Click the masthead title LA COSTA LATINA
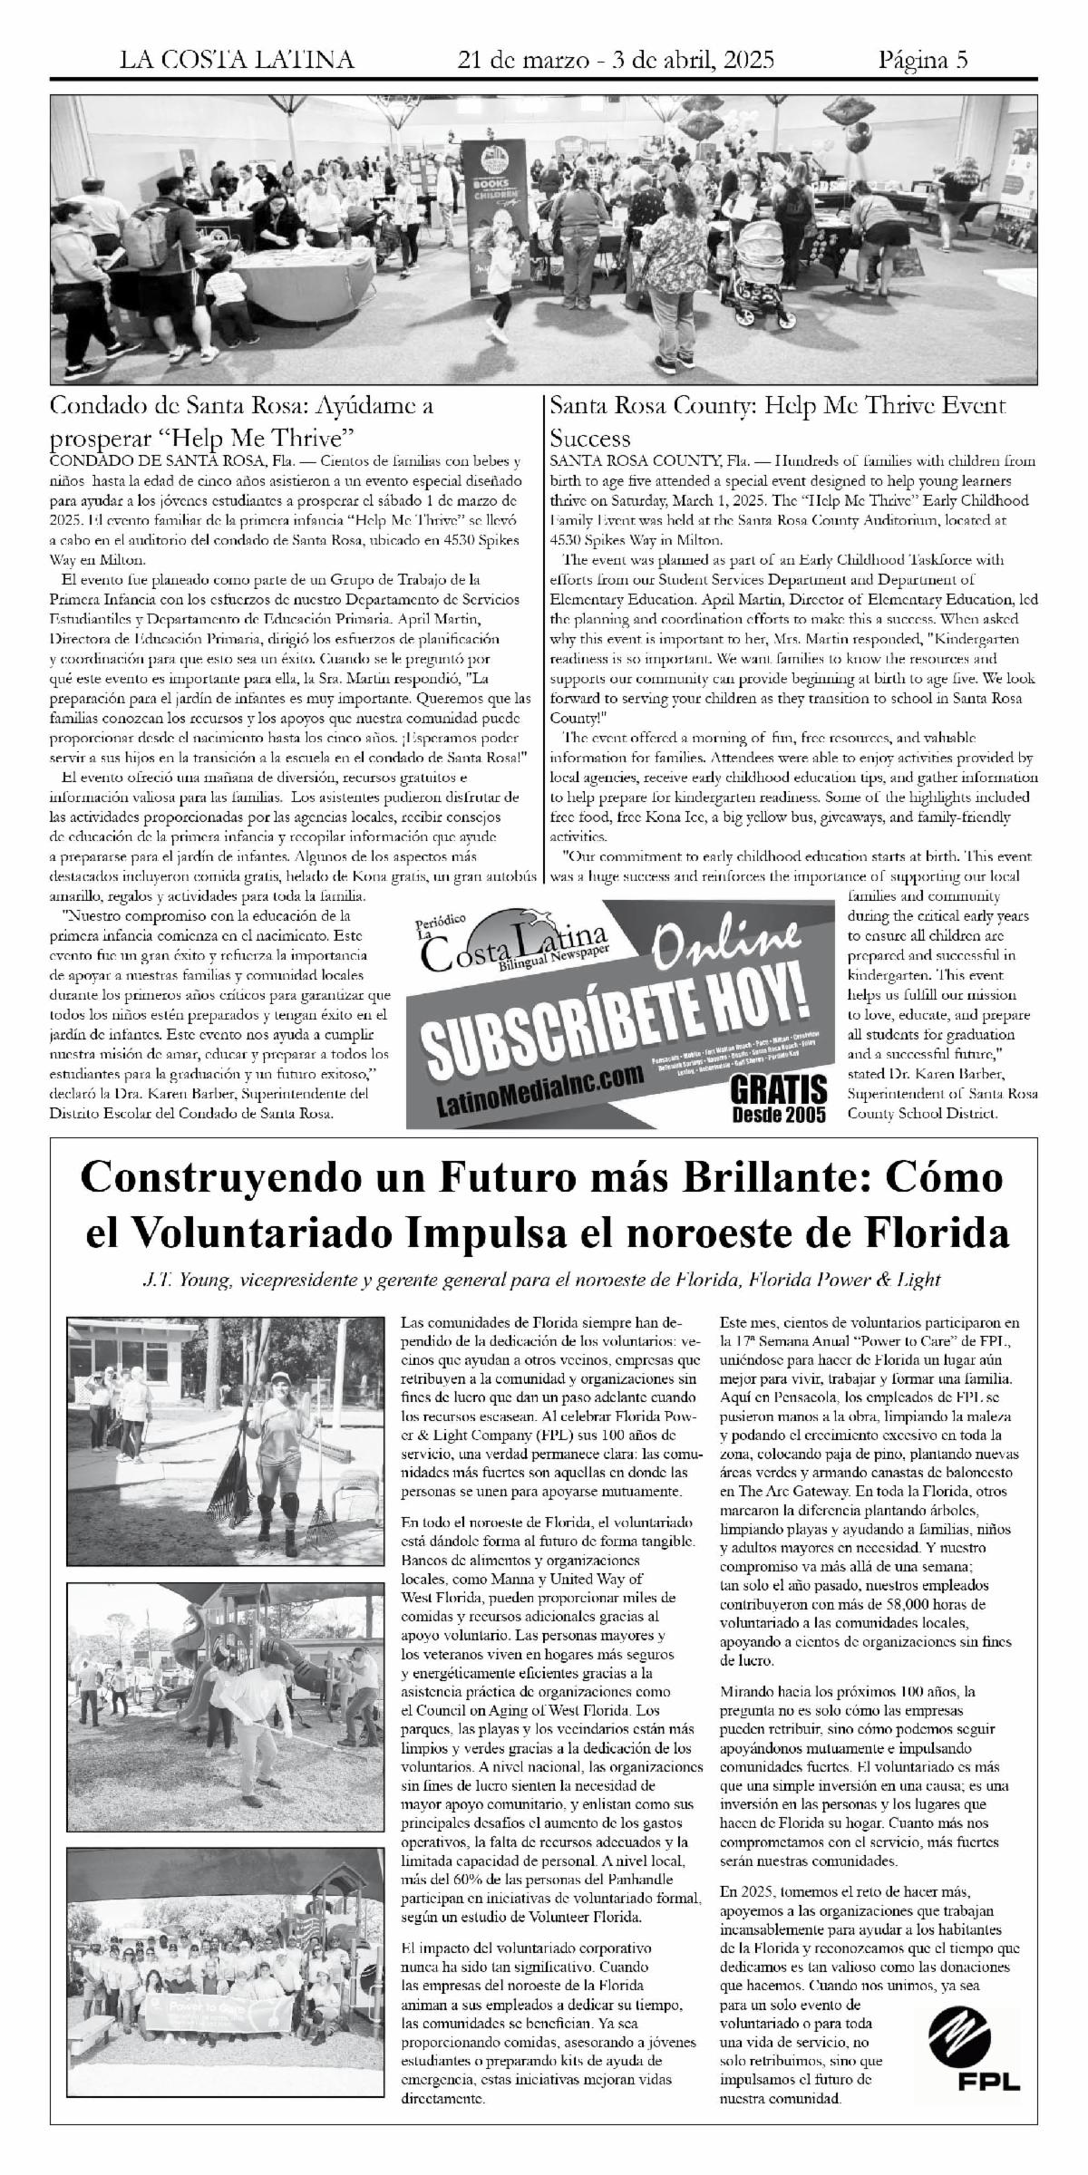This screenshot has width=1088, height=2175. click(238, 61)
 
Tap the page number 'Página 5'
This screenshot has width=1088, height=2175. click(923, 61)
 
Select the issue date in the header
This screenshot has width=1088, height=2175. click(617, 61)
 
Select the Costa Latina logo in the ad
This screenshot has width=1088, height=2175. click(512, 950)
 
